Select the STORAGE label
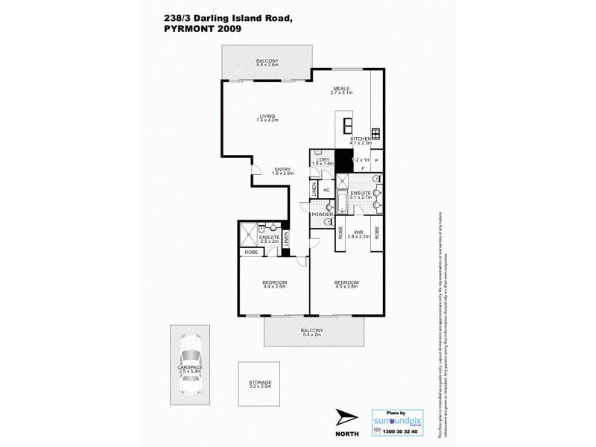[x=260, y=382]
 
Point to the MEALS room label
[x=341, y=87]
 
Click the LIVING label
[x=267, y=115]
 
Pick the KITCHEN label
[x=362, y=139]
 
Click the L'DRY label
[x=323, y=159]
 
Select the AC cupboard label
[x=326, y=189]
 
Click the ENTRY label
[x=282, y=168]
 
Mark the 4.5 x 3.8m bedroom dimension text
[x=346, y=288]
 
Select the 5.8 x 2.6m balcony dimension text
[x=267, y=66]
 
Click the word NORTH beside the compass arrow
[x=346, y=433]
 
